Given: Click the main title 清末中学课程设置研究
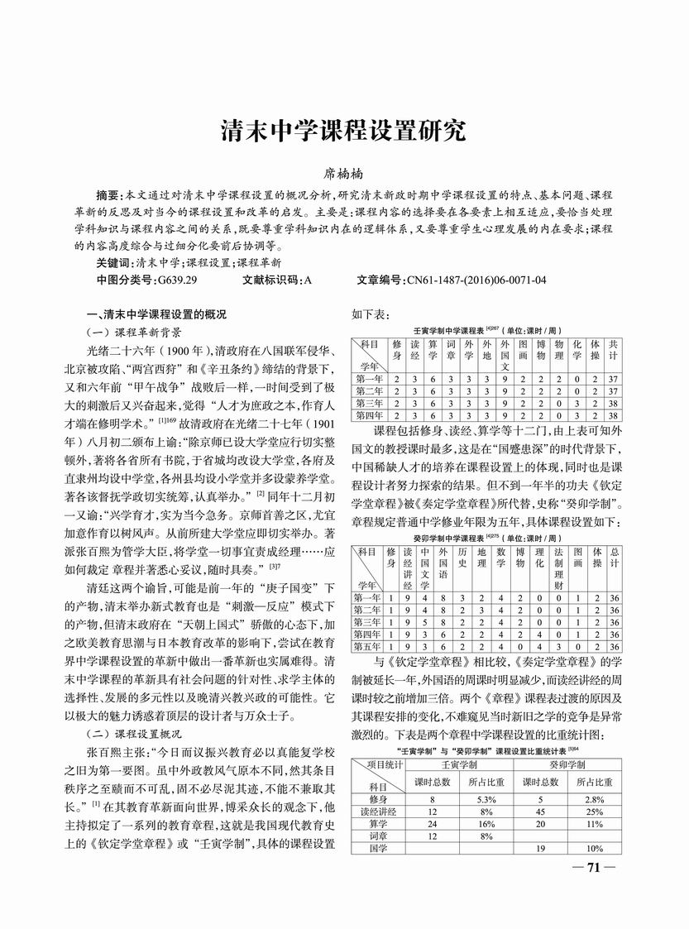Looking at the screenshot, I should [343, 131].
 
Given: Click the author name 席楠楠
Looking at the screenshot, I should [344, 175].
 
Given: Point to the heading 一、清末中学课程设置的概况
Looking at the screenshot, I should [156, 314].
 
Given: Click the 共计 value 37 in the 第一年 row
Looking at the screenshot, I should [612, 378].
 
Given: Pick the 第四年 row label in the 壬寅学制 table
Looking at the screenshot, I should [368, 415].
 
